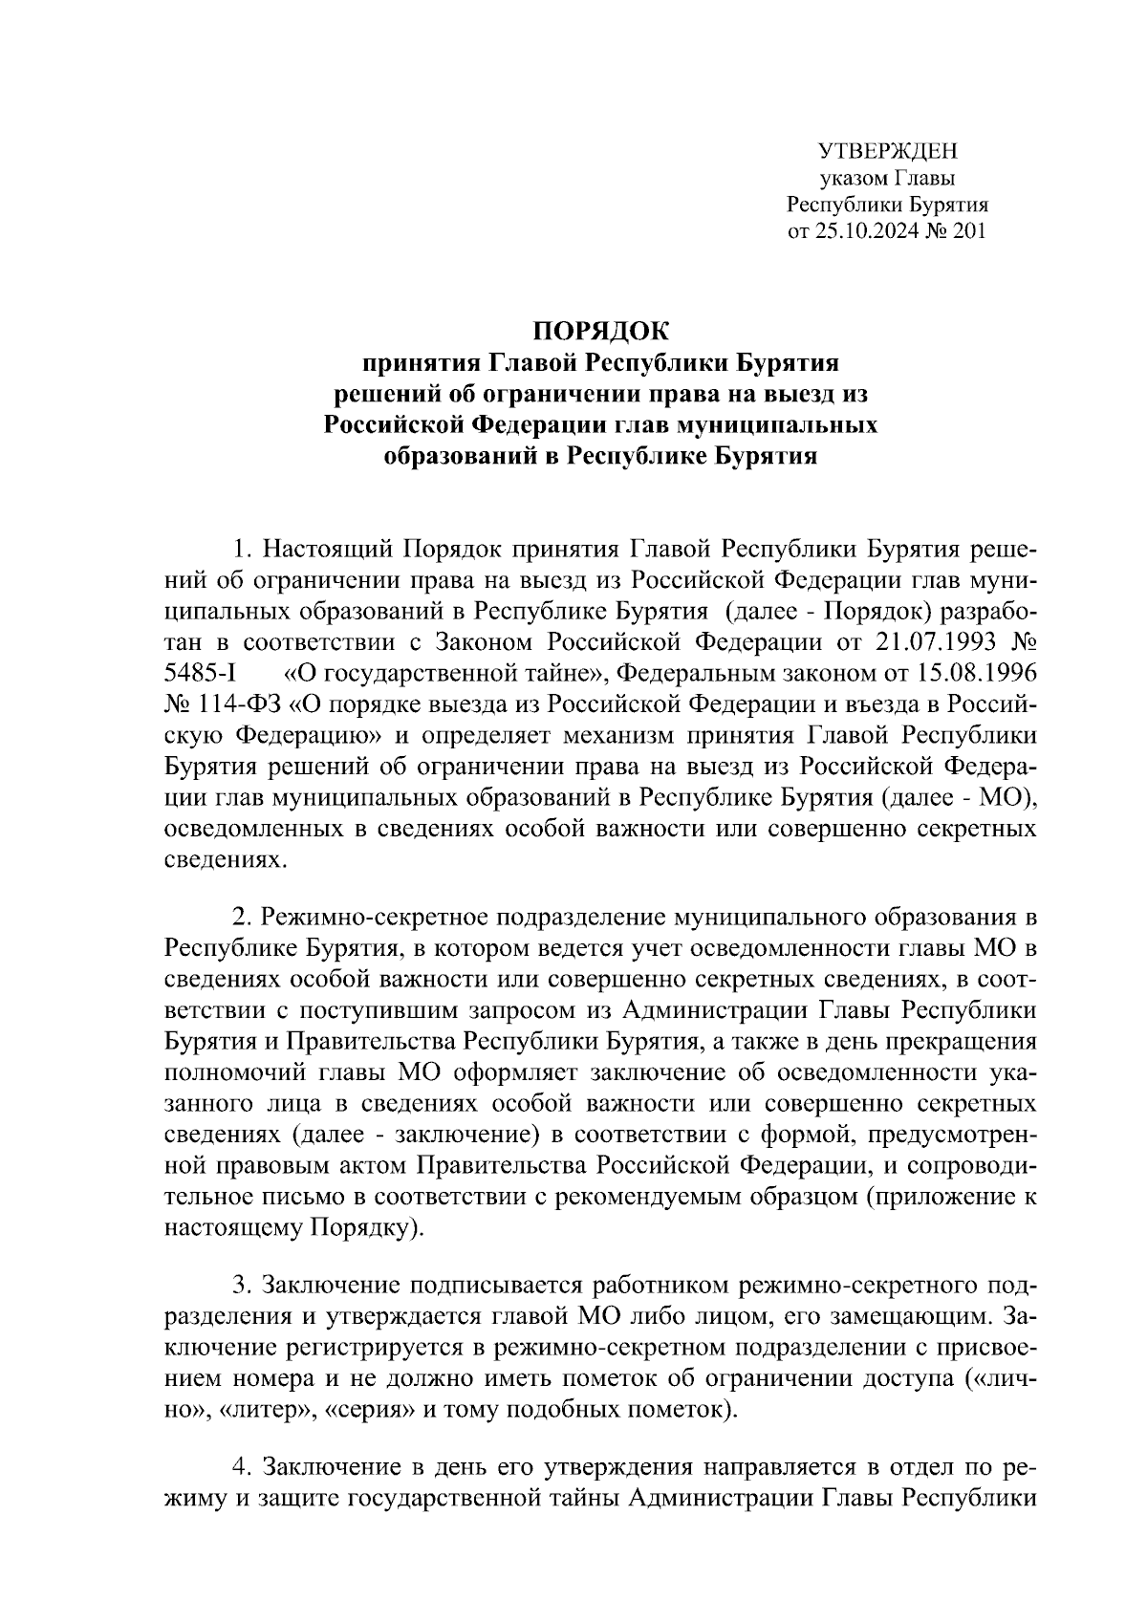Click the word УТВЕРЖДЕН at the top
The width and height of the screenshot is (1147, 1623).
(x=888, y=151)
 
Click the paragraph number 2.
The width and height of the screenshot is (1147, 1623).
(x=242, y=919)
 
